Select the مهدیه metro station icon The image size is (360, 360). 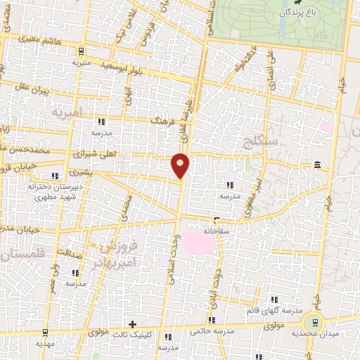[x=46, y=333]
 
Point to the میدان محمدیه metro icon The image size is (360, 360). [x=314, y=321]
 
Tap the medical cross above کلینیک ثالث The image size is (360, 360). [x=132, y=324]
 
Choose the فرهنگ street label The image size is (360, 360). [x=162, y=121]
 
